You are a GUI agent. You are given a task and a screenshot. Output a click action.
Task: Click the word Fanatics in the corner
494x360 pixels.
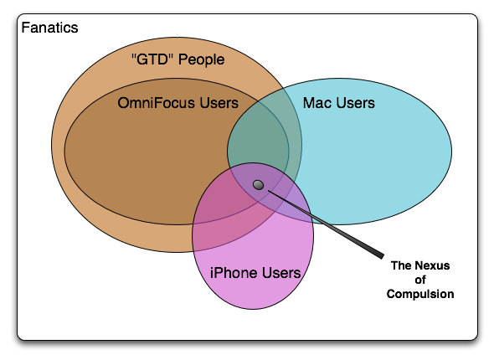pos(49,28)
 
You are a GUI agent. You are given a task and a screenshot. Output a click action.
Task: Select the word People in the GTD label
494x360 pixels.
pos(201,59)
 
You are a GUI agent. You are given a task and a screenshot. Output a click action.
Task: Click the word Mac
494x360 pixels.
pos(316,103)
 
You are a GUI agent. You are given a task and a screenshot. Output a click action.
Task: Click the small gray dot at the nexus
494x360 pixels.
pos(259,185)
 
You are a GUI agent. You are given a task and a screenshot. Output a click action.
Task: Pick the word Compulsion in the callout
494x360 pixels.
pos(420,294)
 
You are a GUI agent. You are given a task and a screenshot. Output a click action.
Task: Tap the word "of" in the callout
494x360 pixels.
pos(420,280)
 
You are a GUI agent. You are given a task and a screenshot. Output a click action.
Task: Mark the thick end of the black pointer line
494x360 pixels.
pos(382,255)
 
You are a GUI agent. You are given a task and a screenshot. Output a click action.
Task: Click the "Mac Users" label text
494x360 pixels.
pos(339,103)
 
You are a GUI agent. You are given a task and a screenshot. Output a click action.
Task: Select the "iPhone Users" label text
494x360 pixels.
pos(255,273)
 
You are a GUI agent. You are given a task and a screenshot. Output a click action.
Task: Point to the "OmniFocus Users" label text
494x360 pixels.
pos(178,103)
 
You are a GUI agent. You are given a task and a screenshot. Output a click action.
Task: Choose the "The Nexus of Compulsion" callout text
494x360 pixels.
pos(420,280)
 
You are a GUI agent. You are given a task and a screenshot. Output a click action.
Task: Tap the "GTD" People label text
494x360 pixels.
pos(178,59)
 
